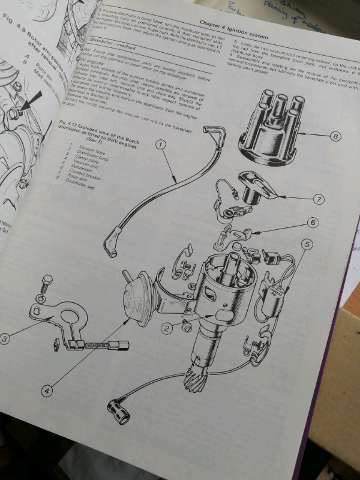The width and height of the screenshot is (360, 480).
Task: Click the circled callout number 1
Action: point(161,145)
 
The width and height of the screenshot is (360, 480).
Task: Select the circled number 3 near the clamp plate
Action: point(5,339)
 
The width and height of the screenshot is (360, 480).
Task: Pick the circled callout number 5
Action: point(307,244)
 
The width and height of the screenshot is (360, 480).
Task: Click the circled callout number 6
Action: point(312,222)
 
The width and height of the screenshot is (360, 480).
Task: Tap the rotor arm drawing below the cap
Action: point(254,187)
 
